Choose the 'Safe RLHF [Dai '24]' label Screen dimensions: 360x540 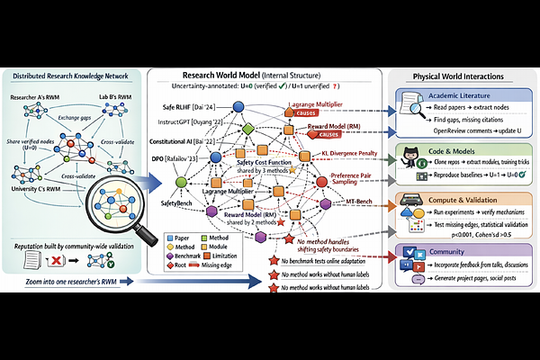coord(191,108)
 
